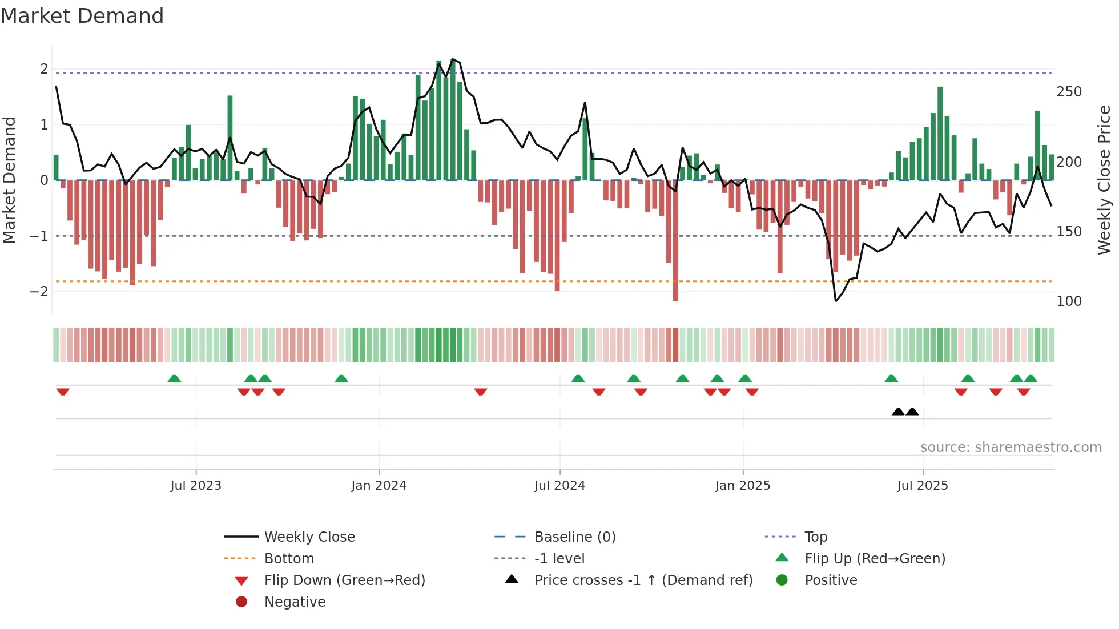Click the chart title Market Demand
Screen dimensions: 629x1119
coord(82,15)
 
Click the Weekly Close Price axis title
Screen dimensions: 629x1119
coord(1104,180)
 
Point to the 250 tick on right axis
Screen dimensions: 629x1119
coord(1069,92)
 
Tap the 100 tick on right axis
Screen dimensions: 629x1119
coord(1069,301)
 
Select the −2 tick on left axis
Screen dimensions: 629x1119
coord(39,292)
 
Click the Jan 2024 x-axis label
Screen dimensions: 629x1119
coord(379,486)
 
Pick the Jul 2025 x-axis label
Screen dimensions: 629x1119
coord(922,486)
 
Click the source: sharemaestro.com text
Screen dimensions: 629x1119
coord(1011,447)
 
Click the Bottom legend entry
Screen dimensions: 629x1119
coord(289,559)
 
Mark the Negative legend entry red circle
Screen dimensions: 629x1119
coord(241,602)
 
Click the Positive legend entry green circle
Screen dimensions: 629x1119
coord(782,580)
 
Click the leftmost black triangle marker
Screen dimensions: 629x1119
coord(898,412)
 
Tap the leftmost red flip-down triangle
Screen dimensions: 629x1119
coord(63,392)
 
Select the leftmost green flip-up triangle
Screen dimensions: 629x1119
coord(174,378)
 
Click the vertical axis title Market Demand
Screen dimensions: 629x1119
coord(9,180)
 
